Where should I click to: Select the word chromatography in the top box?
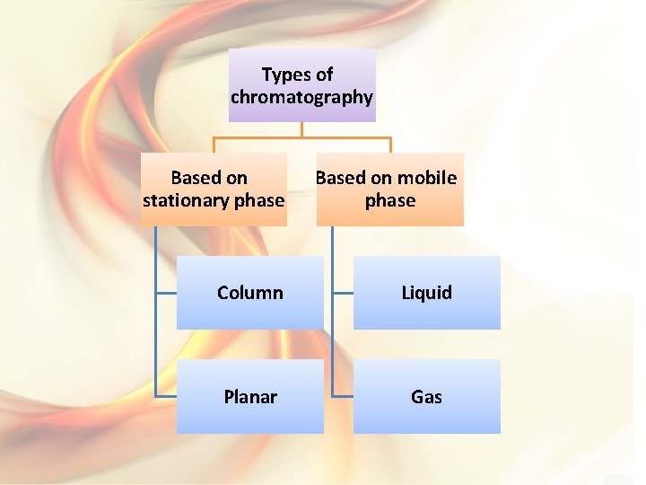[301, 97]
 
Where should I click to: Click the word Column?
[249, 293]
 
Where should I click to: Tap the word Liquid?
[426, 293]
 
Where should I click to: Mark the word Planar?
[249, 396]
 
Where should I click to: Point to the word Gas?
[426, 396]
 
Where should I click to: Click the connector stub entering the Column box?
[165, 293]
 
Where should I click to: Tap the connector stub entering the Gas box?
[342, 396]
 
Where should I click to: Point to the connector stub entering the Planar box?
[165, 396]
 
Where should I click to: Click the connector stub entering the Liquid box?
[342, 293]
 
